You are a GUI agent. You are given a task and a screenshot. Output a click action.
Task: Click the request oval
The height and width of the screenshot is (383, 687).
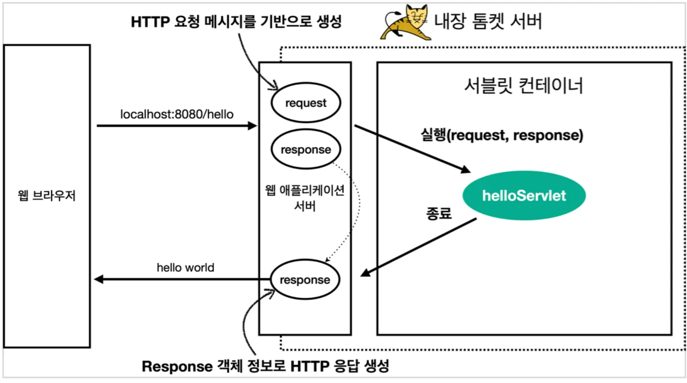coord(306,103)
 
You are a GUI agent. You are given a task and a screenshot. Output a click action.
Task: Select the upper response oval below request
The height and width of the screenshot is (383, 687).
coord(306,149)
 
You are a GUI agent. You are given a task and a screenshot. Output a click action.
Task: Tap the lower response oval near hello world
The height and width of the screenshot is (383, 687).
coord(305,280)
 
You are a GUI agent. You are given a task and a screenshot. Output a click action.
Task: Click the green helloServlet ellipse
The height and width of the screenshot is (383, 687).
coord(524,196)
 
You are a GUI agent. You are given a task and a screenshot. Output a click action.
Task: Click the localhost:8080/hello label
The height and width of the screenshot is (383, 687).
coord(176,114)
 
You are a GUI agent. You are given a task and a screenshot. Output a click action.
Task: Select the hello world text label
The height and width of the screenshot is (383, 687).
coord(185,268)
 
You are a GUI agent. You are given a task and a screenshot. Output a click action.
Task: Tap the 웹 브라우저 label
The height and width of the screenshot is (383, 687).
coord(46,196)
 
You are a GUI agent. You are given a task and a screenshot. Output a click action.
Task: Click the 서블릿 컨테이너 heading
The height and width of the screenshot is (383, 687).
coord(523,86)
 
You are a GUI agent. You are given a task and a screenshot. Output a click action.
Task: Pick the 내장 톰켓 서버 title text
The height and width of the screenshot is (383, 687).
coord(488,21)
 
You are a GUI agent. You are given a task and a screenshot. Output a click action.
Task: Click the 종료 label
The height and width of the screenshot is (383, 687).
coord(439,213)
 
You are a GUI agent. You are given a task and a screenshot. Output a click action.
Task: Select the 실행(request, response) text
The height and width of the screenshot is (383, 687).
coord(502,135)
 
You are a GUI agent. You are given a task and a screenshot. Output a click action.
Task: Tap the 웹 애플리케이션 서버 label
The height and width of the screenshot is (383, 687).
coord(305,197)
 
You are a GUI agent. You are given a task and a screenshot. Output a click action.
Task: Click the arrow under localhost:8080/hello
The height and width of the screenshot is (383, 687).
coord(176,126)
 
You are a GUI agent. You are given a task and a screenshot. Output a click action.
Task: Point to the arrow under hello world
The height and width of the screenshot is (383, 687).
coord(181,279)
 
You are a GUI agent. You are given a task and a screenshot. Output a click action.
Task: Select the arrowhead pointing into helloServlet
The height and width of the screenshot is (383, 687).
coord(465,169)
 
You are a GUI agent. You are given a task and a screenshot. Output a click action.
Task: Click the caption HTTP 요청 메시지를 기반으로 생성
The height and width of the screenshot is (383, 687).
coord(236,21)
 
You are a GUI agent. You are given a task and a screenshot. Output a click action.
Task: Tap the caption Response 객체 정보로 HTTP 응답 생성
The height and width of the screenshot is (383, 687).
coord(265,366)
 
